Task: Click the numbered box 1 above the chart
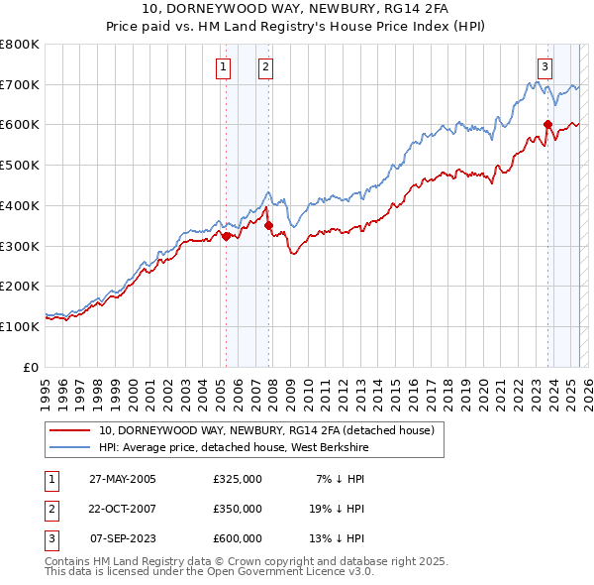223,67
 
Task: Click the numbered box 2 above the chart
266,67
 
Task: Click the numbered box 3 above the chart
544,67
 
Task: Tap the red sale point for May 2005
226,236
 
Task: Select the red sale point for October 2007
268,226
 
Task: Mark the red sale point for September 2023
547,124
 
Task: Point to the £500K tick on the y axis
20,165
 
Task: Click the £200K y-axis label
20,286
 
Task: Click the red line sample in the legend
69,430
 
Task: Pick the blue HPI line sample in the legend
69,447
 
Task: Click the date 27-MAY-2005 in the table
123,480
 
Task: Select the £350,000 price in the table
238,509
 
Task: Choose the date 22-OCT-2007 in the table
123,509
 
